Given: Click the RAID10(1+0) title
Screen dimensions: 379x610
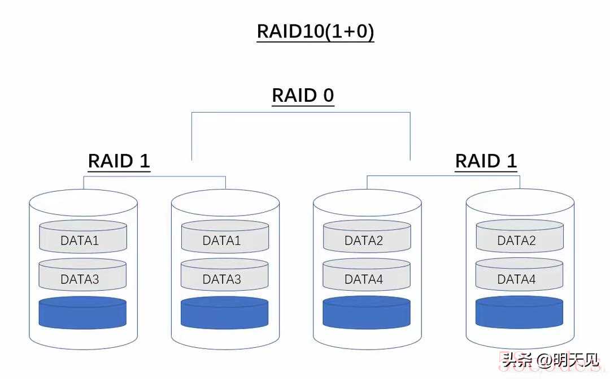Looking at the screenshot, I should tap(315, 31).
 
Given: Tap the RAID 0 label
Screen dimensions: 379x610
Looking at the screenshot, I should tap(303, 95).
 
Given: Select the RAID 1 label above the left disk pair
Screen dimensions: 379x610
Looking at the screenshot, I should tap(119, 161).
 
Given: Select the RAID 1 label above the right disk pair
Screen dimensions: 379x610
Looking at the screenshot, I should tap(486, 161).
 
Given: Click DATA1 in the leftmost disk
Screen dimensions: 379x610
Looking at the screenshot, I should tap(80, 240).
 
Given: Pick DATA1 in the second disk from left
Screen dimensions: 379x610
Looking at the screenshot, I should tap(221, 240).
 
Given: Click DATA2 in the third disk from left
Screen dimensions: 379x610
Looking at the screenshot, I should tap(364, 240).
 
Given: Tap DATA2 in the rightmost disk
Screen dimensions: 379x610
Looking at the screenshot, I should tap(516, 240).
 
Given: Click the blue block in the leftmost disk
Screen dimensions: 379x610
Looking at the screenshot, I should tap(82, 313).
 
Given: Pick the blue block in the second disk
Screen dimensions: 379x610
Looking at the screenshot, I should tap(225, 313).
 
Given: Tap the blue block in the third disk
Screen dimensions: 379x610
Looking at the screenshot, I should tap(367, 313).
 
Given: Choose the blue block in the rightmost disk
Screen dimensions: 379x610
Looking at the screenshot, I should tap(520, 313).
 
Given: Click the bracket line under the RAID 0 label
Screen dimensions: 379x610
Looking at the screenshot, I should tap(300, 113).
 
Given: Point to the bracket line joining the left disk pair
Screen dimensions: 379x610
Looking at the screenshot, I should tap(155, 176).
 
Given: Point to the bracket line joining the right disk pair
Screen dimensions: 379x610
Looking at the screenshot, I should tap(443, 176).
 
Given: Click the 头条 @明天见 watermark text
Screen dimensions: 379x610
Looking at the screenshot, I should tap(550, 360).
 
